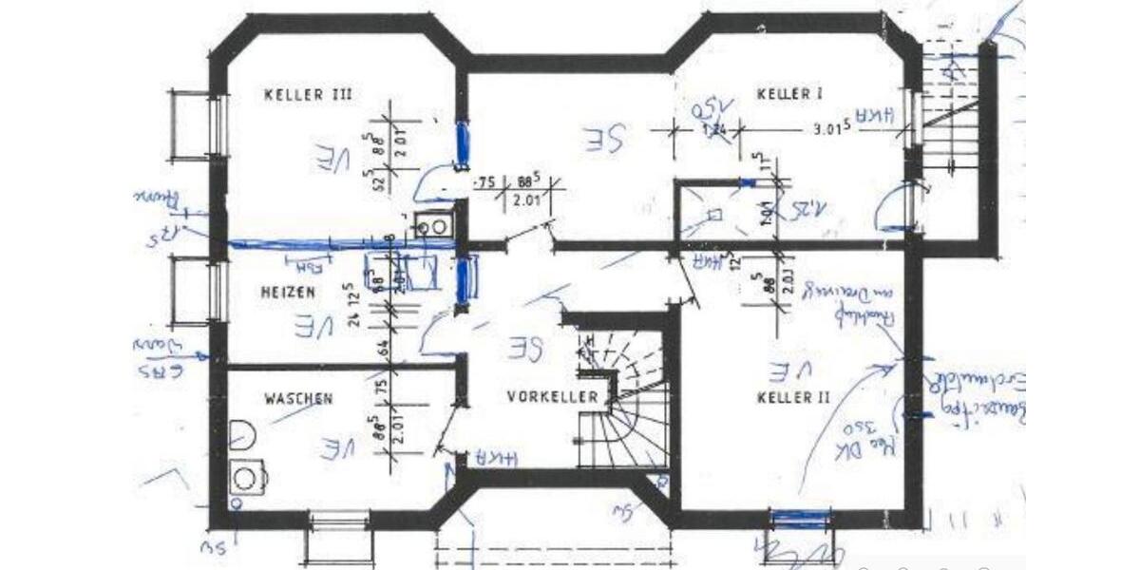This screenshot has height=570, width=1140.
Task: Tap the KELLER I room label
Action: pos(789,93)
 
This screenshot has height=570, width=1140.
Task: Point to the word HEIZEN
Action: pos(287,294)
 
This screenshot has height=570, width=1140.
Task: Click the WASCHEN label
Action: pos(298,399)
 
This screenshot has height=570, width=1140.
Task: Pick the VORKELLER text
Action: pos(552,395)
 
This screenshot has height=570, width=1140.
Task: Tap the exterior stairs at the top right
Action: pos(950,133)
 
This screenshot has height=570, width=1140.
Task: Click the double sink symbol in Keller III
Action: pos(433,227)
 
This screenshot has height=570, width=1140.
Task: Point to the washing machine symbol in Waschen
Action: pos(247,475)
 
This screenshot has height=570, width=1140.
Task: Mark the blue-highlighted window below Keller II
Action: pos(800,519)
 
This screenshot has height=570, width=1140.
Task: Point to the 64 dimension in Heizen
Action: pos(385,349)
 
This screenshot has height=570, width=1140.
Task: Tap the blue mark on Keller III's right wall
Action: pos(462,142)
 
